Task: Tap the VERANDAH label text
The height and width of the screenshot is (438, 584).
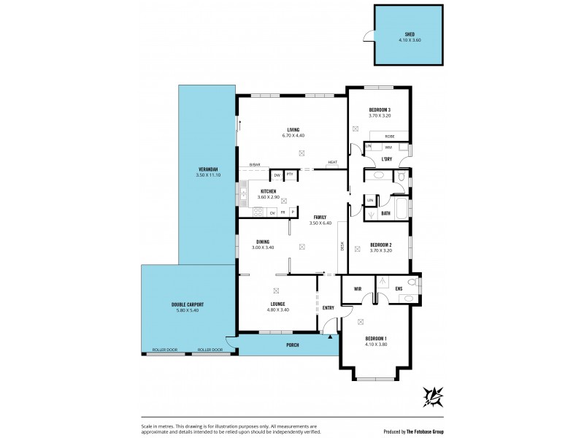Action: pyautogui.click(x=207, y=170)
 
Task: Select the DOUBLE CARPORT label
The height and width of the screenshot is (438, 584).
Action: pyautogui.click(x=187, y=304)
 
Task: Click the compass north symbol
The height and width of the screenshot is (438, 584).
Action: pyautogui.click(x=434, y=396)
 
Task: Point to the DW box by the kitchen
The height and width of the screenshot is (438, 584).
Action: pyautogui.click(x=277, y=175)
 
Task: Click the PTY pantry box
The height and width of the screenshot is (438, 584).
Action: pyautogui.click(x=290, y=175)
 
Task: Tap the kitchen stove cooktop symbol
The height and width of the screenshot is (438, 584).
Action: pyautogui.click(x=256, y=212)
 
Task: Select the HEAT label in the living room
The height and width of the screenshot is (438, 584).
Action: pyautogui.click(x=332, y=162)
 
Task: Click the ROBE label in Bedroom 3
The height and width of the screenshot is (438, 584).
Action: pyautogui.click(x=390, y=136)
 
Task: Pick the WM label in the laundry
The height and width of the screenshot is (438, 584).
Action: pyautogui.click(x=388, y=147)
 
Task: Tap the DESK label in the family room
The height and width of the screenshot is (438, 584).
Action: pyautogui.click(x=342, y=246)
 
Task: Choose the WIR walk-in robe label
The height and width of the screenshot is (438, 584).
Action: pyautogui.click(x=358, y=288)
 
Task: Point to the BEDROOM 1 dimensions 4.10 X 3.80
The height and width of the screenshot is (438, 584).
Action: pyautogui.click(x=376, y=344)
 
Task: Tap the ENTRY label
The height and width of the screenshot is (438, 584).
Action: pyautogui.click(x=328, y=307)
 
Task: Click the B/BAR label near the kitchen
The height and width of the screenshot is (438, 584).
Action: pyautogui.click(x=254, y=164)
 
